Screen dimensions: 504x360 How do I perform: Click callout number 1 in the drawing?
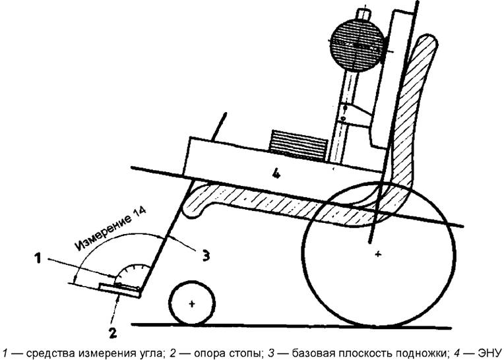pos(38,258)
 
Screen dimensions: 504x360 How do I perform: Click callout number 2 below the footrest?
pos(113,333)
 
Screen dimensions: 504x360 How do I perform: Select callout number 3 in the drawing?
pos(206,255)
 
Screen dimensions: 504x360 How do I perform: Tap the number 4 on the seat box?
pos(276,174)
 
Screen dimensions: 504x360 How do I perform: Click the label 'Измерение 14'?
pos(111,228)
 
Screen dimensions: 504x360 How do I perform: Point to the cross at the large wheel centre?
pos(378,254)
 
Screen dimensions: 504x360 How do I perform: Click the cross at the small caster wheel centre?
pos(192,303)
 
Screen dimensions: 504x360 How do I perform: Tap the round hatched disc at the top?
pos(357,45)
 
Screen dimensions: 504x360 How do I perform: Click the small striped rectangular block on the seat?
pos(299,146)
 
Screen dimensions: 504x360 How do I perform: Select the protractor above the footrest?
pos(133,276)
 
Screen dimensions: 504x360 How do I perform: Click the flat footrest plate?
pos(119,290)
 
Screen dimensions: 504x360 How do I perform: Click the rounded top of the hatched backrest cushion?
pos(427,42)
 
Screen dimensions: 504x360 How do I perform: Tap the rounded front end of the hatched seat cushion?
pos(193,207)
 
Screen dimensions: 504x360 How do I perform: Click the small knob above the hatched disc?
pos(363,14)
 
